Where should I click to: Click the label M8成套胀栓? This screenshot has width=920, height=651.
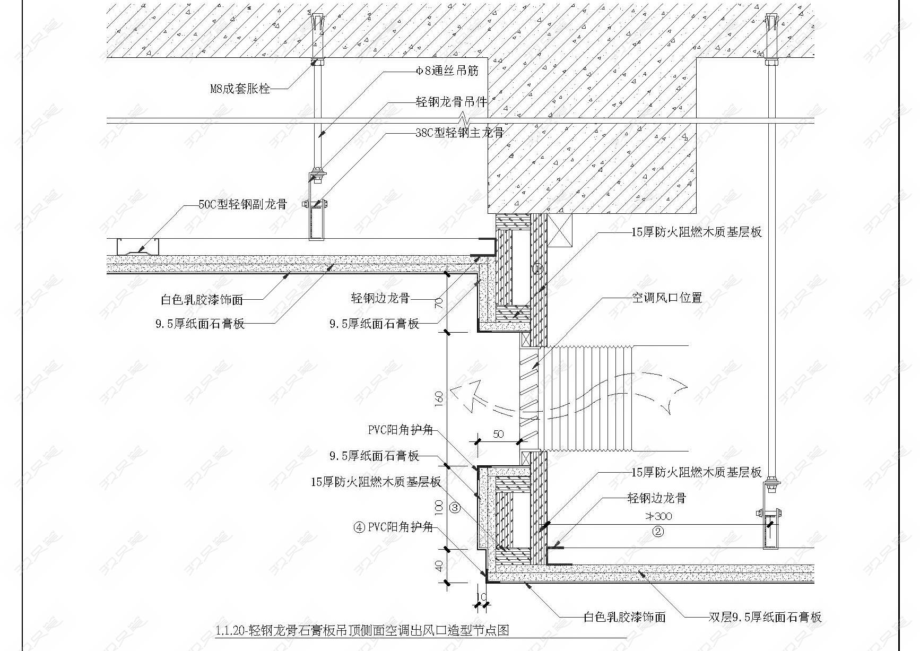point(240,89)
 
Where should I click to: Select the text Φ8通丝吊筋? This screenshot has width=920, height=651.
point(447,71)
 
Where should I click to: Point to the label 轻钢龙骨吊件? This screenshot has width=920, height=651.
point(451,102)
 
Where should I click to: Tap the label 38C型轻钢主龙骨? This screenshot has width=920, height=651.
point(459,133)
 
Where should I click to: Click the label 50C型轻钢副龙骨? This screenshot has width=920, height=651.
point(242,204)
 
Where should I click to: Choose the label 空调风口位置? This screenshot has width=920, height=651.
point(667,298)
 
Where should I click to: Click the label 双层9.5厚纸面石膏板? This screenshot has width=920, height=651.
point(765,617)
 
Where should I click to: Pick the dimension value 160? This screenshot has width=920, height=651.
point(439,398)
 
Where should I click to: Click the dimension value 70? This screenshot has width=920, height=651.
point(439,303)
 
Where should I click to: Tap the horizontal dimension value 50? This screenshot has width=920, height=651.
point(499,434)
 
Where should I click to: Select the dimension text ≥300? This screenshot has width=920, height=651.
point(658,516)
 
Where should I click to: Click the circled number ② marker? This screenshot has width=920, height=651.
point(658,531)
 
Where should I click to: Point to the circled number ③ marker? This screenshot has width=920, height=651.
point(455,508)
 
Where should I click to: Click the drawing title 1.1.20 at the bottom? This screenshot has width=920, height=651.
point(362,630)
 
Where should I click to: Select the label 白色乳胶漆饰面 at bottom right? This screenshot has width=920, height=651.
point(624,617)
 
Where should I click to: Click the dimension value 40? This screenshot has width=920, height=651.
point(439,567)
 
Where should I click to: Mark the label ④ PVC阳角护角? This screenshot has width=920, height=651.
point(394,527)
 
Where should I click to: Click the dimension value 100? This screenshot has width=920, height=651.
point(439,508)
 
